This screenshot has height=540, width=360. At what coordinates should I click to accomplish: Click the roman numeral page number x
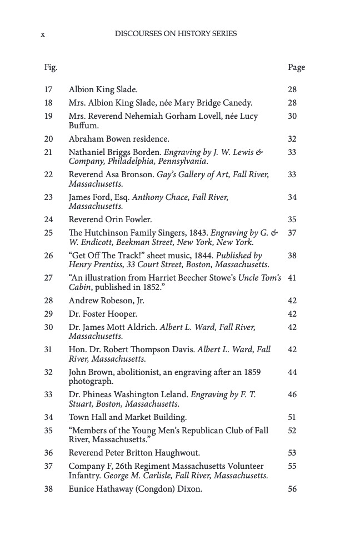[43, 34]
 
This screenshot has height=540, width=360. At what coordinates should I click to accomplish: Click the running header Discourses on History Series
[176, 33]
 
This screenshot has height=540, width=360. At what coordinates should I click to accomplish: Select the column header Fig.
[51, 67]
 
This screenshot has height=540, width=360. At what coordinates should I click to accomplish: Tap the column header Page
[296, 67]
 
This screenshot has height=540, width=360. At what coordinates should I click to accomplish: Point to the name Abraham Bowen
[98, 138]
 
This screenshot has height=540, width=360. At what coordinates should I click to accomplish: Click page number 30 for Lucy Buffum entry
[292, 116]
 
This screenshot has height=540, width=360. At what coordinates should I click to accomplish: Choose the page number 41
[292, 277]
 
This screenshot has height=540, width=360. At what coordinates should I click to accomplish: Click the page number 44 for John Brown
[292, 372]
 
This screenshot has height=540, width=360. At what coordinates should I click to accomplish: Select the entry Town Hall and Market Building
[127, 417]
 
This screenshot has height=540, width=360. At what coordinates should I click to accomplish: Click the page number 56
[292, 489]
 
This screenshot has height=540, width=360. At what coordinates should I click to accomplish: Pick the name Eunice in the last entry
[81, 489]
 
